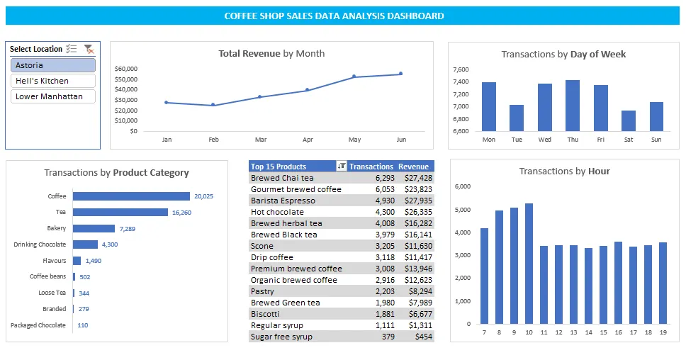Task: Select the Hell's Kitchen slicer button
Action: [53, 81]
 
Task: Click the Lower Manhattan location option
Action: [53, 96]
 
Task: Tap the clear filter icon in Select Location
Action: [89, 49]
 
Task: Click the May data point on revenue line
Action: [354, 77]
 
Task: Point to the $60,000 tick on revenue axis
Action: [125, 69]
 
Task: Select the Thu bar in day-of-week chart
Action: [572, 106]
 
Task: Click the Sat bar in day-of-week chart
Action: [628, 120]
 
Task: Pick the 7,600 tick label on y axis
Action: [460, 69]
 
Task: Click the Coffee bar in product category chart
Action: [131, 196]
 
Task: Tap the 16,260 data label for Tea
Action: [181, 213]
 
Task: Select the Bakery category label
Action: [57, 229]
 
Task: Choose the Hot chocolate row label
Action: [277, 212]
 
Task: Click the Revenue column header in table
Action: [413, 167]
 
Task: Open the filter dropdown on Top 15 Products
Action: [342, 167]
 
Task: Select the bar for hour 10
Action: [529, 264]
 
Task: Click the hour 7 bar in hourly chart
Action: [484, 276]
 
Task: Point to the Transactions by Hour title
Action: [564, 171]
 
